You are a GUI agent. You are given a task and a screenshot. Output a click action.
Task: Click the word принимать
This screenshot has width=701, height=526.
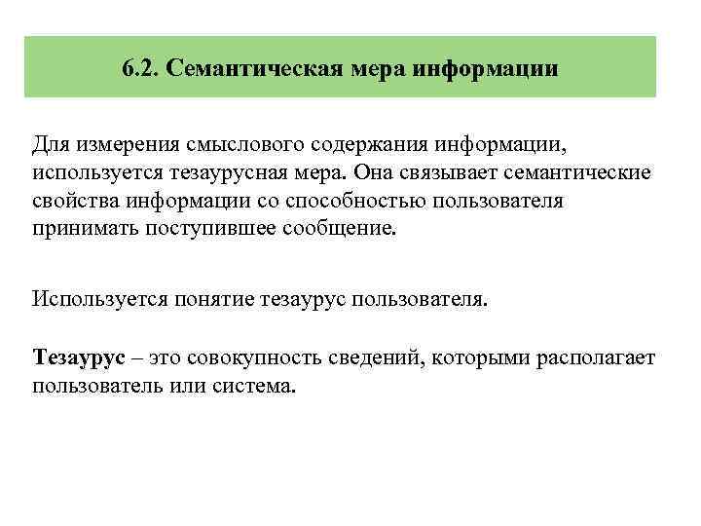pos(81,229)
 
